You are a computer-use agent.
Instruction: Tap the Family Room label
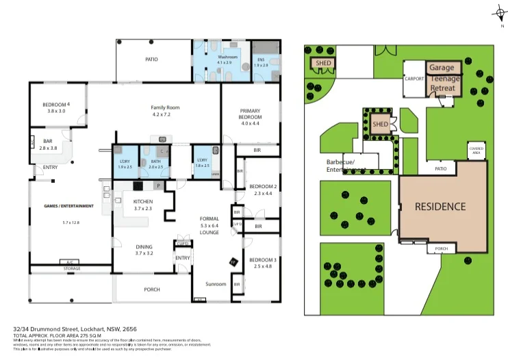pyautogui.click(x=164, y=107)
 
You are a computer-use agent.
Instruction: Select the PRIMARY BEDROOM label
pyautogui.click(x=250, y=114)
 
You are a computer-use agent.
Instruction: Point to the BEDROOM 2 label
pyautogui.click(x=262, y=187)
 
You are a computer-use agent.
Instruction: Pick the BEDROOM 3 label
pyautogui.click(x=262, y=260)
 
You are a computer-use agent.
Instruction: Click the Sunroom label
pyautogui.click(x=216, y=283)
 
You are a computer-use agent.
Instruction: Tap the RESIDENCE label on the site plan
pyautogui.click(x=440, y=206)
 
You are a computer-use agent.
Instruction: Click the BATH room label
pyautogui.click(x=155, y=162)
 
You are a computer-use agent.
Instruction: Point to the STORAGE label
pyautogui.click(x=70, y=268)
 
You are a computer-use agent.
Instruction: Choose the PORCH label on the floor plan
pyautogui.click(x=151, y=289)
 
